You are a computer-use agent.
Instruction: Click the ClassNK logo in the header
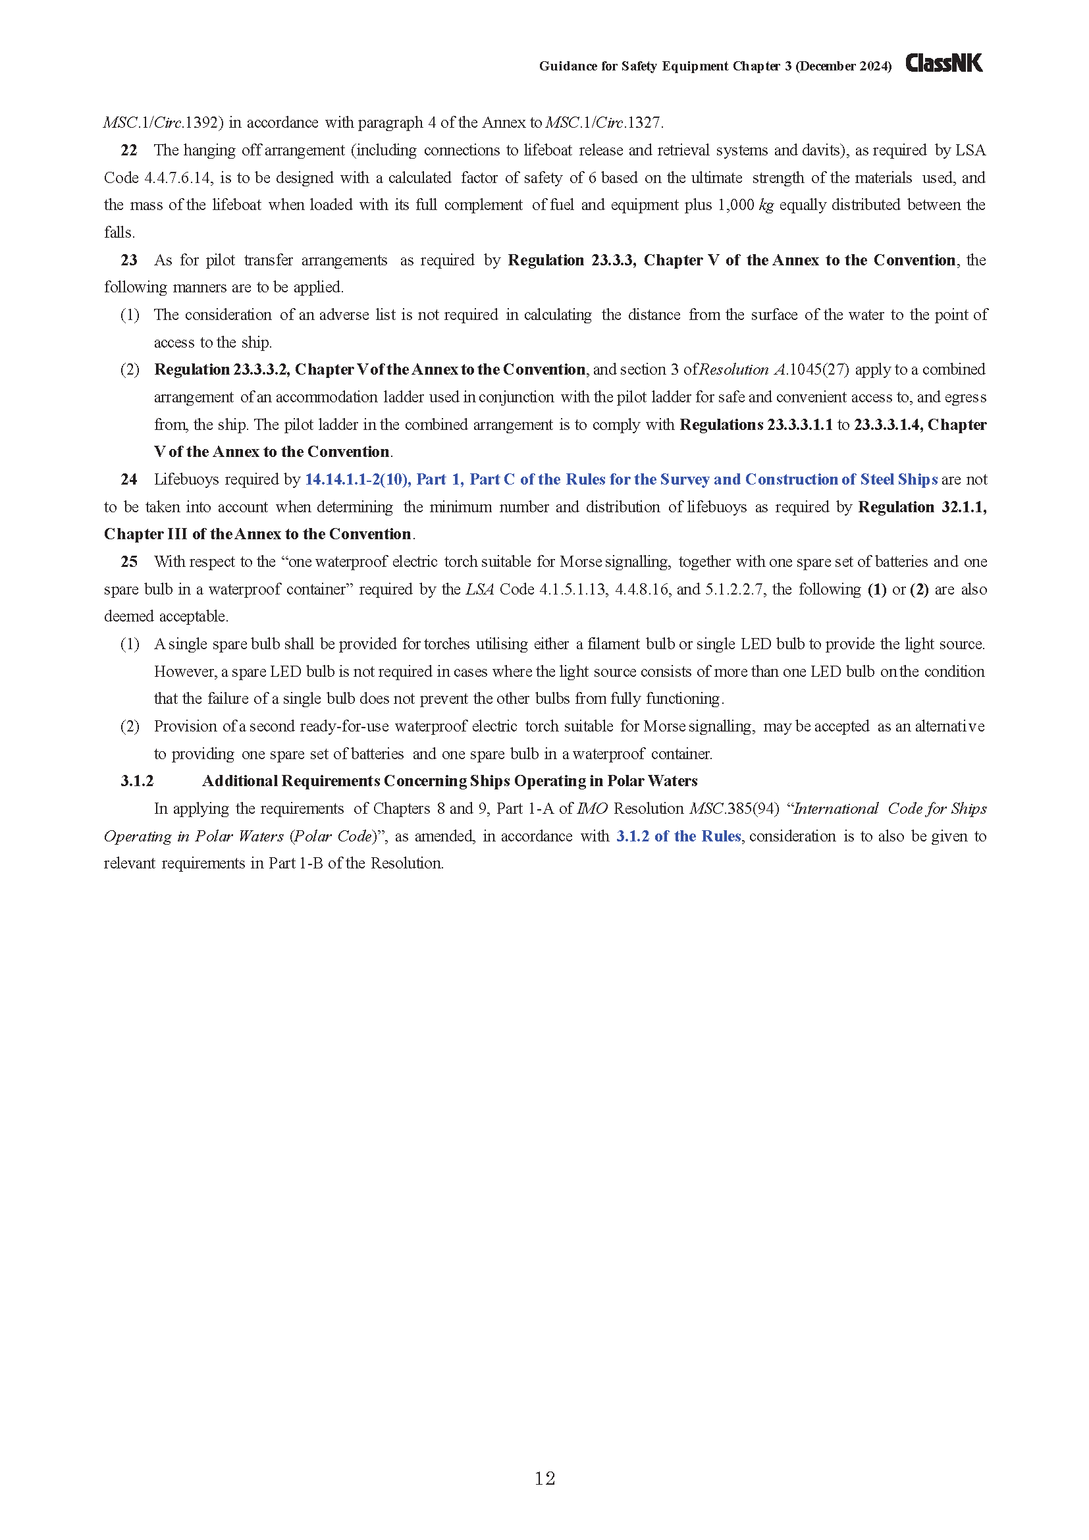[x=943, y=63]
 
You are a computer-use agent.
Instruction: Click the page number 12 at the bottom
[x=544, y=1478]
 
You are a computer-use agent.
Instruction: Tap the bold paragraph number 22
[x=129, y=150]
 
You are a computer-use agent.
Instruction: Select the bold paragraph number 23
[x=129, y=260]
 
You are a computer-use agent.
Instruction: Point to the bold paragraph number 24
[x=129, y=479]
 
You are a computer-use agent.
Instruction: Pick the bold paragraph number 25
[x=129, y=562]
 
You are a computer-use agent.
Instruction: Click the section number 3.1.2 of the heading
[x=137, y=781]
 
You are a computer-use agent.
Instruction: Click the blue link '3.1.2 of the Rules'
[x=678, y=836]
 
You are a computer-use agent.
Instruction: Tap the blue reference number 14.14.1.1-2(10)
[x=358, y=479]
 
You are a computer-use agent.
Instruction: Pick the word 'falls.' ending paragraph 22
[x=119, y=232]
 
